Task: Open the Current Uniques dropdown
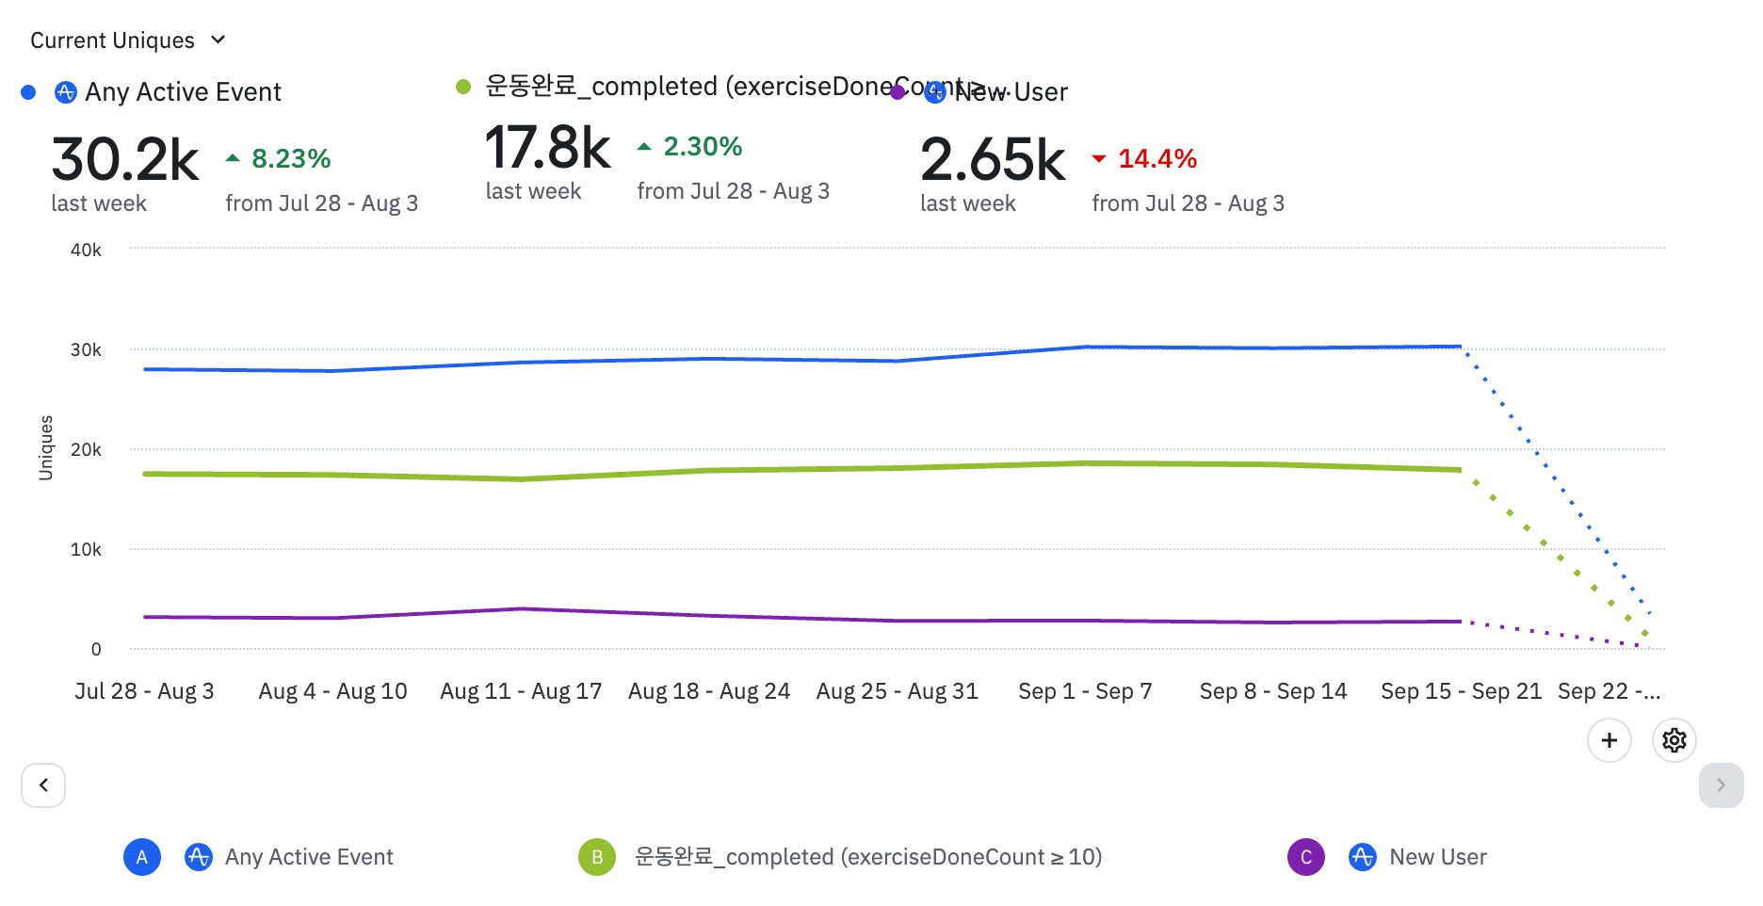127,40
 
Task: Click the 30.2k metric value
125,159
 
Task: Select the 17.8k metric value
548,148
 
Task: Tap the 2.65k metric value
993,159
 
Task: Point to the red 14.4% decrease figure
1156,158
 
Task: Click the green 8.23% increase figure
290,158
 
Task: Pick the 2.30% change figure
702,146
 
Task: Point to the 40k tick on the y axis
86,250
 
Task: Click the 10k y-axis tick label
86,549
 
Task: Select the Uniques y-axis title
45,447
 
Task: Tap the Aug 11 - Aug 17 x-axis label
521,691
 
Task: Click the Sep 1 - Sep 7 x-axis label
1085,691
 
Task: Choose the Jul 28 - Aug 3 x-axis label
144,691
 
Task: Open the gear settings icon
1674,740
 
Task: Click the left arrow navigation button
43,785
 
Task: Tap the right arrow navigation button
1721,785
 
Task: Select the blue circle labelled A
142,857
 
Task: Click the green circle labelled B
597,857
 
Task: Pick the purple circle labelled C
1305,857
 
